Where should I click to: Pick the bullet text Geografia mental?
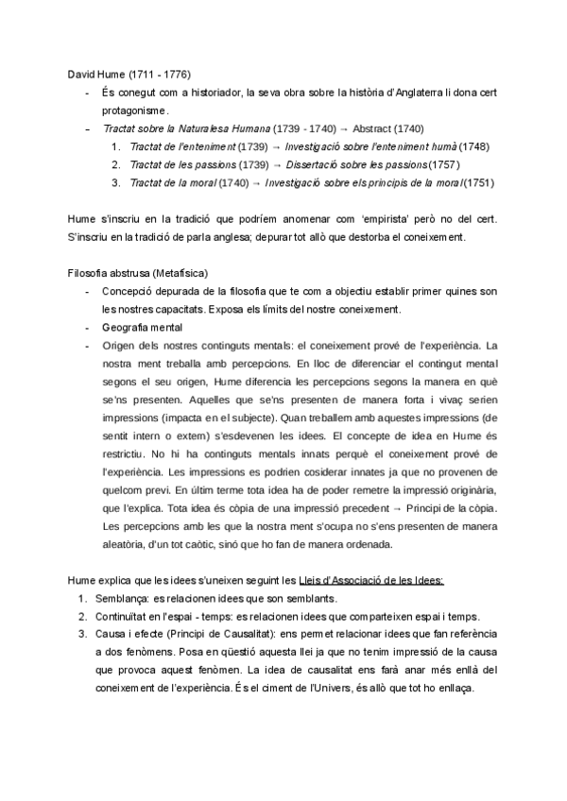[142, 327]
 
